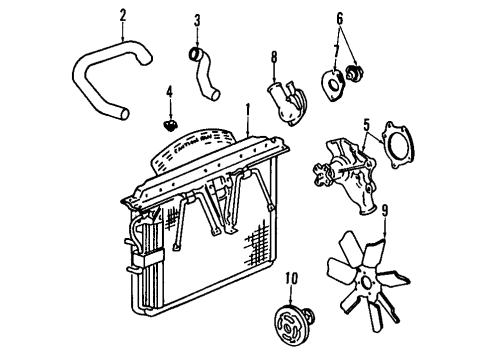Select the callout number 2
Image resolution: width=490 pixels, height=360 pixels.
(123, 15)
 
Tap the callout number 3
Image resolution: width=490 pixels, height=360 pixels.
(197, 20)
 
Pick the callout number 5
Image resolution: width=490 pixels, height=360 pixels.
(365, 125)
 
